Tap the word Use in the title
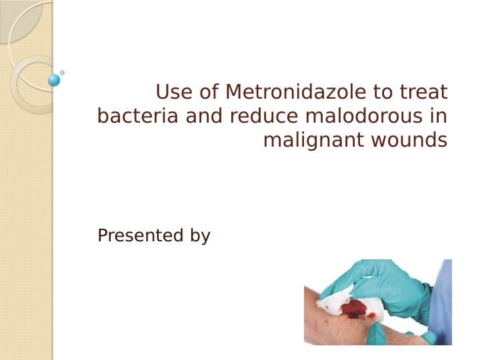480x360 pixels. click(172, 91)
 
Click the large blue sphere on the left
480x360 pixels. click(55, 80)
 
